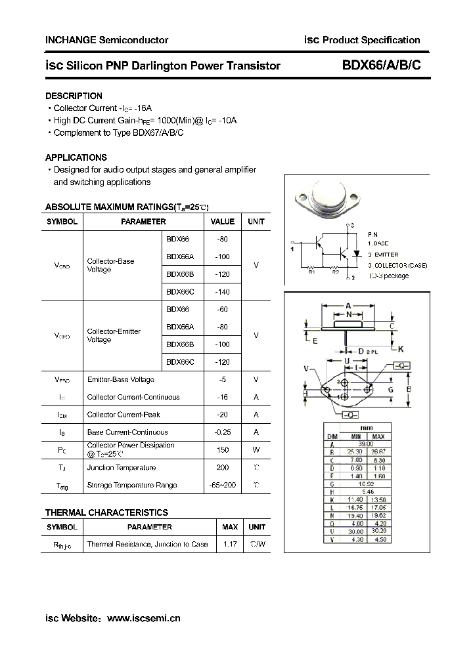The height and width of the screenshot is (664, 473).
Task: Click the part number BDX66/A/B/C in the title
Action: coord(376,66)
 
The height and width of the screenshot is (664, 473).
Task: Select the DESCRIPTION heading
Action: coord(74,96)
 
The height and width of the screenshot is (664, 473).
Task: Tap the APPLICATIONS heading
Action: coord(76,157)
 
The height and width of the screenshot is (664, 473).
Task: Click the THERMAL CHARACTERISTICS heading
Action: coord(106,512)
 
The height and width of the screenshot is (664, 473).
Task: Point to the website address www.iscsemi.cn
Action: coord(143,618)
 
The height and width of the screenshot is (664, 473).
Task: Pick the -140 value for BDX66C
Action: coord(222,292)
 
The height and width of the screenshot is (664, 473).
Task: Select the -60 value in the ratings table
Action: coord(222,309)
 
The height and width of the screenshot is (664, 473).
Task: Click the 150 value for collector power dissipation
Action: coord(223,449)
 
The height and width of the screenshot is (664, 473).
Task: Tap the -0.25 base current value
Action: coord(223,432)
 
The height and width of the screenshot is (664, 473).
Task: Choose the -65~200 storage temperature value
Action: coord(223,485)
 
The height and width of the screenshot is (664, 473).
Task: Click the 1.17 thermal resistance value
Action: coord(230,544)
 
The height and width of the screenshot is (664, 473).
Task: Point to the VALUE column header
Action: coord(223,222)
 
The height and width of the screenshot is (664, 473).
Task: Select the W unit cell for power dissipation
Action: coord(256,449)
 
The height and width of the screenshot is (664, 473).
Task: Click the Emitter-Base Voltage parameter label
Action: coord(121,379)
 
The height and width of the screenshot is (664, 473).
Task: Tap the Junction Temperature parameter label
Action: coord(122,468)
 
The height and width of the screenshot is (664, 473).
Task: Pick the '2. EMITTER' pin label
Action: coord(383,255)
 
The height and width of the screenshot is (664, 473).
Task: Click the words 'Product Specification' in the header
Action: coord(371,40)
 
